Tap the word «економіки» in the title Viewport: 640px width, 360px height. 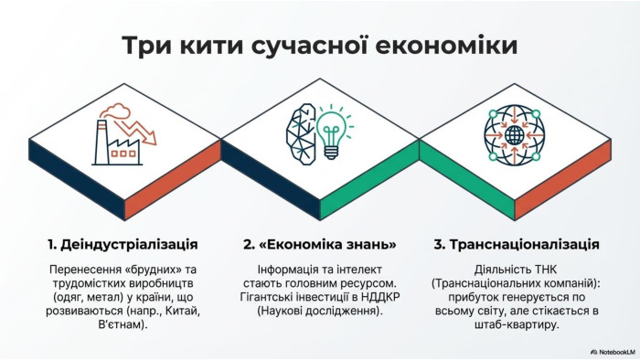(x=446, y=45)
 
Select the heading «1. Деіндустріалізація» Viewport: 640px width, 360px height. (x=123, y=245)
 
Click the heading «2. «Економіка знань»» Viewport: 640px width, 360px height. (x=320, y=245)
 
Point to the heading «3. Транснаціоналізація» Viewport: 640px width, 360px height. (x=517, y=245)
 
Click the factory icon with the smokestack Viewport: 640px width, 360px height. (x=117, y=143)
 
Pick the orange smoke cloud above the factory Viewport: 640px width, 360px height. (x=116, y=110)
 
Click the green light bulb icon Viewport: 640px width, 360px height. (x=334, y=132)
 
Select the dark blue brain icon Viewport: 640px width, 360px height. (x=301, y=134)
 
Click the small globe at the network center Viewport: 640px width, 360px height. (x=514, y=135)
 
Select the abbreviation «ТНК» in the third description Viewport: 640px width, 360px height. (x=545, y=270)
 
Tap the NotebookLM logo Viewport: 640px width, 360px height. (x=613, y=352)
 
